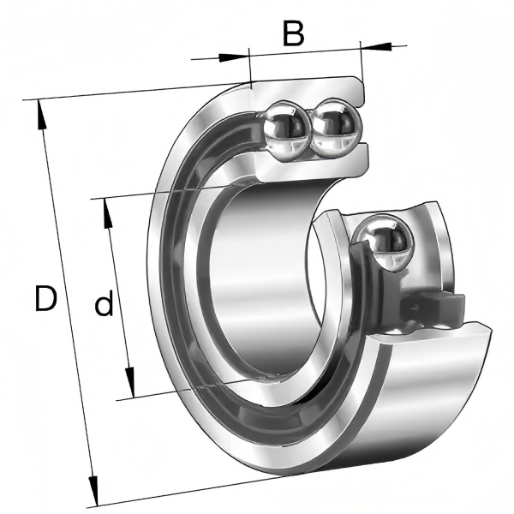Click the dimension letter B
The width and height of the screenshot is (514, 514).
pos(293,33)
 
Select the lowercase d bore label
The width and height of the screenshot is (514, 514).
pos(104,303)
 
